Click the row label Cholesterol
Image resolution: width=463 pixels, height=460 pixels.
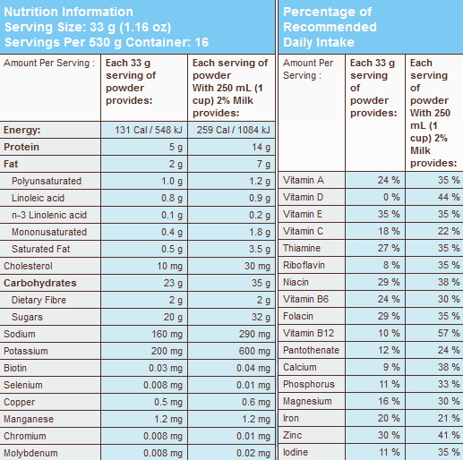click(28, 266)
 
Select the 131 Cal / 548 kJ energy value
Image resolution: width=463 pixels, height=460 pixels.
click(149, 130)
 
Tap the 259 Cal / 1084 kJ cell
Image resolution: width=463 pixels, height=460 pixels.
click(233, 130)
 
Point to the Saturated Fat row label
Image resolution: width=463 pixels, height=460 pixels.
click(41, 249)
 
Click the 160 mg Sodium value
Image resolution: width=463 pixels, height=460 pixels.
click(167, 334)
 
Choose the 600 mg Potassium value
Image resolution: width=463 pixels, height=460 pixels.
click(254, 351)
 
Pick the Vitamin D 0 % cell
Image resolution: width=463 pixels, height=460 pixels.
click(391, 197)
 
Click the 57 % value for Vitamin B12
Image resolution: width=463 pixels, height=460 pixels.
click(449, 333)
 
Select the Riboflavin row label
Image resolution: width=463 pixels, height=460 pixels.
click(304, 265)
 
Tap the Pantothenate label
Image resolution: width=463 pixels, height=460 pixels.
click(311, 350)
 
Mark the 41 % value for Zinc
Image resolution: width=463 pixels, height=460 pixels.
click(449, 435)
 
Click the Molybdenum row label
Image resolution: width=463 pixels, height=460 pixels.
click(30, 453)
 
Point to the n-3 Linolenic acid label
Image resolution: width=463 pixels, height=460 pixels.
click(49, 215)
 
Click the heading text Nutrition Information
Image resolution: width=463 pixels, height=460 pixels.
click(68, 12)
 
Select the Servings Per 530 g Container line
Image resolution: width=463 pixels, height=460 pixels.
click(107, 42)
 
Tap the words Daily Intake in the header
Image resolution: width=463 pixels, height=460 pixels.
click(319, 42)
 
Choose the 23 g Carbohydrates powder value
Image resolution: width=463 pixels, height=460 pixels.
click(173, 283)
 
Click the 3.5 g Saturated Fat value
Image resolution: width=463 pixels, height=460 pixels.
click(260, 249)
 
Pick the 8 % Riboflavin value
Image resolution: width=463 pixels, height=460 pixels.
click(391, 265)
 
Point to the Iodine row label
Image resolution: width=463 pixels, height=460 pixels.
click(296, 452)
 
